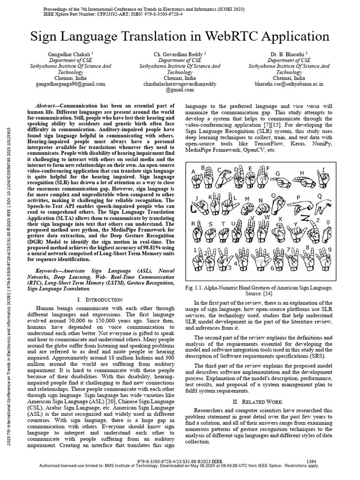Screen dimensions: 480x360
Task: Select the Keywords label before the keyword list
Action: point(48,271)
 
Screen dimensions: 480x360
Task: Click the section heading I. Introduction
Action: point(99,299)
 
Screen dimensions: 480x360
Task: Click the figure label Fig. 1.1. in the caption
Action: point(195,287)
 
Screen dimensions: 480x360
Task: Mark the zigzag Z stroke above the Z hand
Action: point(305,218)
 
